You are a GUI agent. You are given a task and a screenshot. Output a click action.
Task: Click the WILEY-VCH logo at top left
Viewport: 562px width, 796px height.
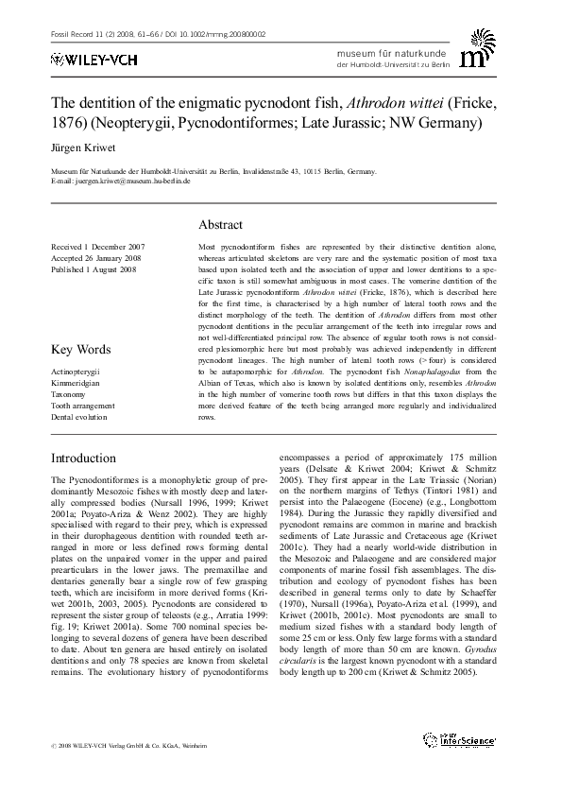tap(83, 59)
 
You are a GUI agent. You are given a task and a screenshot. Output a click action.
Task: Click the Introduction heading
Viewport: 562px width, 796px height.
tap(83, 458)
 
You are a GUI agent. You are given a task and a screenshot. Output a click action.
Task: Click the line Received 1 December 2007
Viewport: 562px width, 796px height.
tap(97, 246)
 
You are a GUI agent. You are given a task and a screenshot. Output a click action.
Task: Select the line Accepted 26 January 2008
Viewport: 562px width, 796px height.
tap(95, 257)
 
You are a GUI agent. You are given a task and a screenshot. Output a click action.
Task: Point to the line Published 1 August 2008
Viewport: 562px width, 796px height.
tap(94, 268)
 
